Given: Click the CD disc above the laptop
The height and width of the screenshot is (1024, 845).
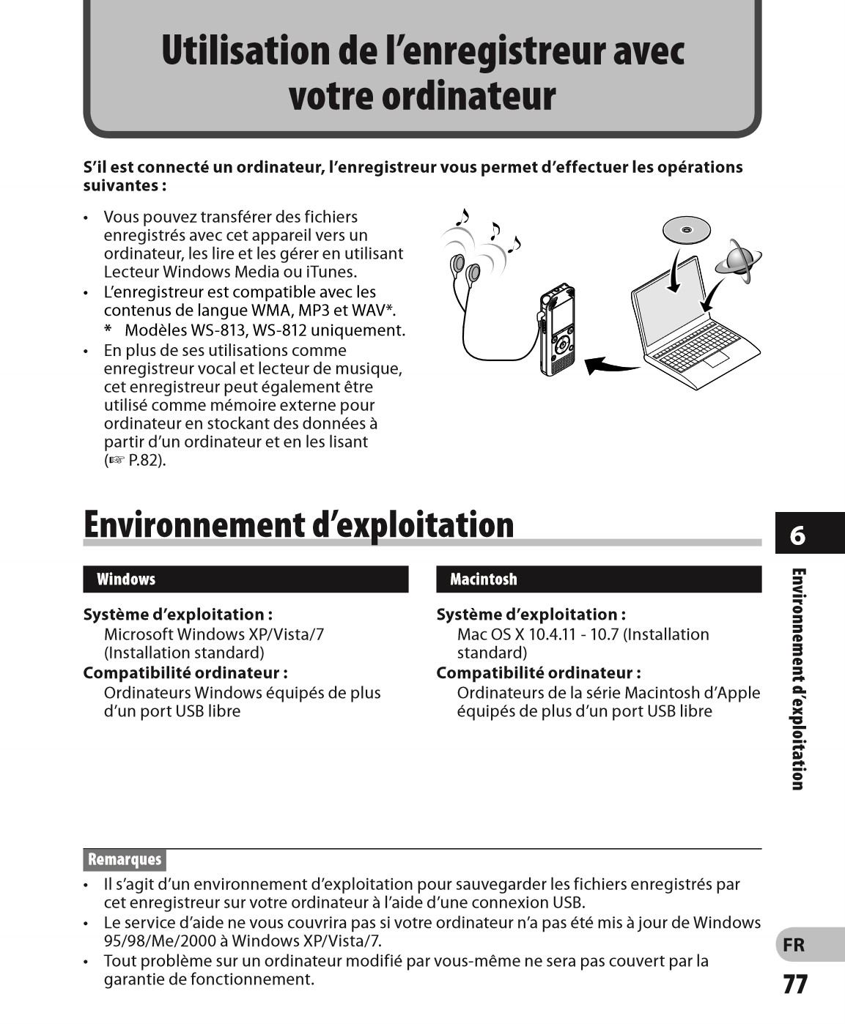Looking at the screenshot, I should point(686,230).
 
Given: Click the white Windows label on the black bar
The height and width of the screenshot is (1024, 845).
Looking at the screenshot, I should point(126,579).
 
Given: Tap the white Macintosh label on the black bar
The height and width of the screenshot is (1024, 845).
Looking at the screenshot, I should point(484,579).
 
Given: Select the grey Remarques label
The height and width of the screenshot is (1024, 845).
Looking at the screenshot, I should point(125,859).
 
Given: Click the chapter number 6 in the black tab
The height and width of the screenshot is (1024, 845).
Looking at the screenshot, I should point(797,536).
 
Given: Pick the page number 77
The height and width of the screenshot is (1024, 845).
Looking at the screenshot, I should point(795,984).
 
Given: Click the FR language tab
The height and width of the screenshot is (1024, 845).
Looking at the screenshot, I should point(794,945).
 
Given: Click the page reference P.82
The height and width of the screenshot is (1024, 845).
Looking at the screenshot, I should point(147,461).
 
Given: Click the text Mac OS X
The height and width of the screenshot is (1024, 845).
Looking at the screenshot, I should point(490,634).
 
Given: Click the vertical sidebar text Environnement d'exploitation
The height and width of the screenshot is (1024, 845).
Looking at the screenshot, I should point(798,678).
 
